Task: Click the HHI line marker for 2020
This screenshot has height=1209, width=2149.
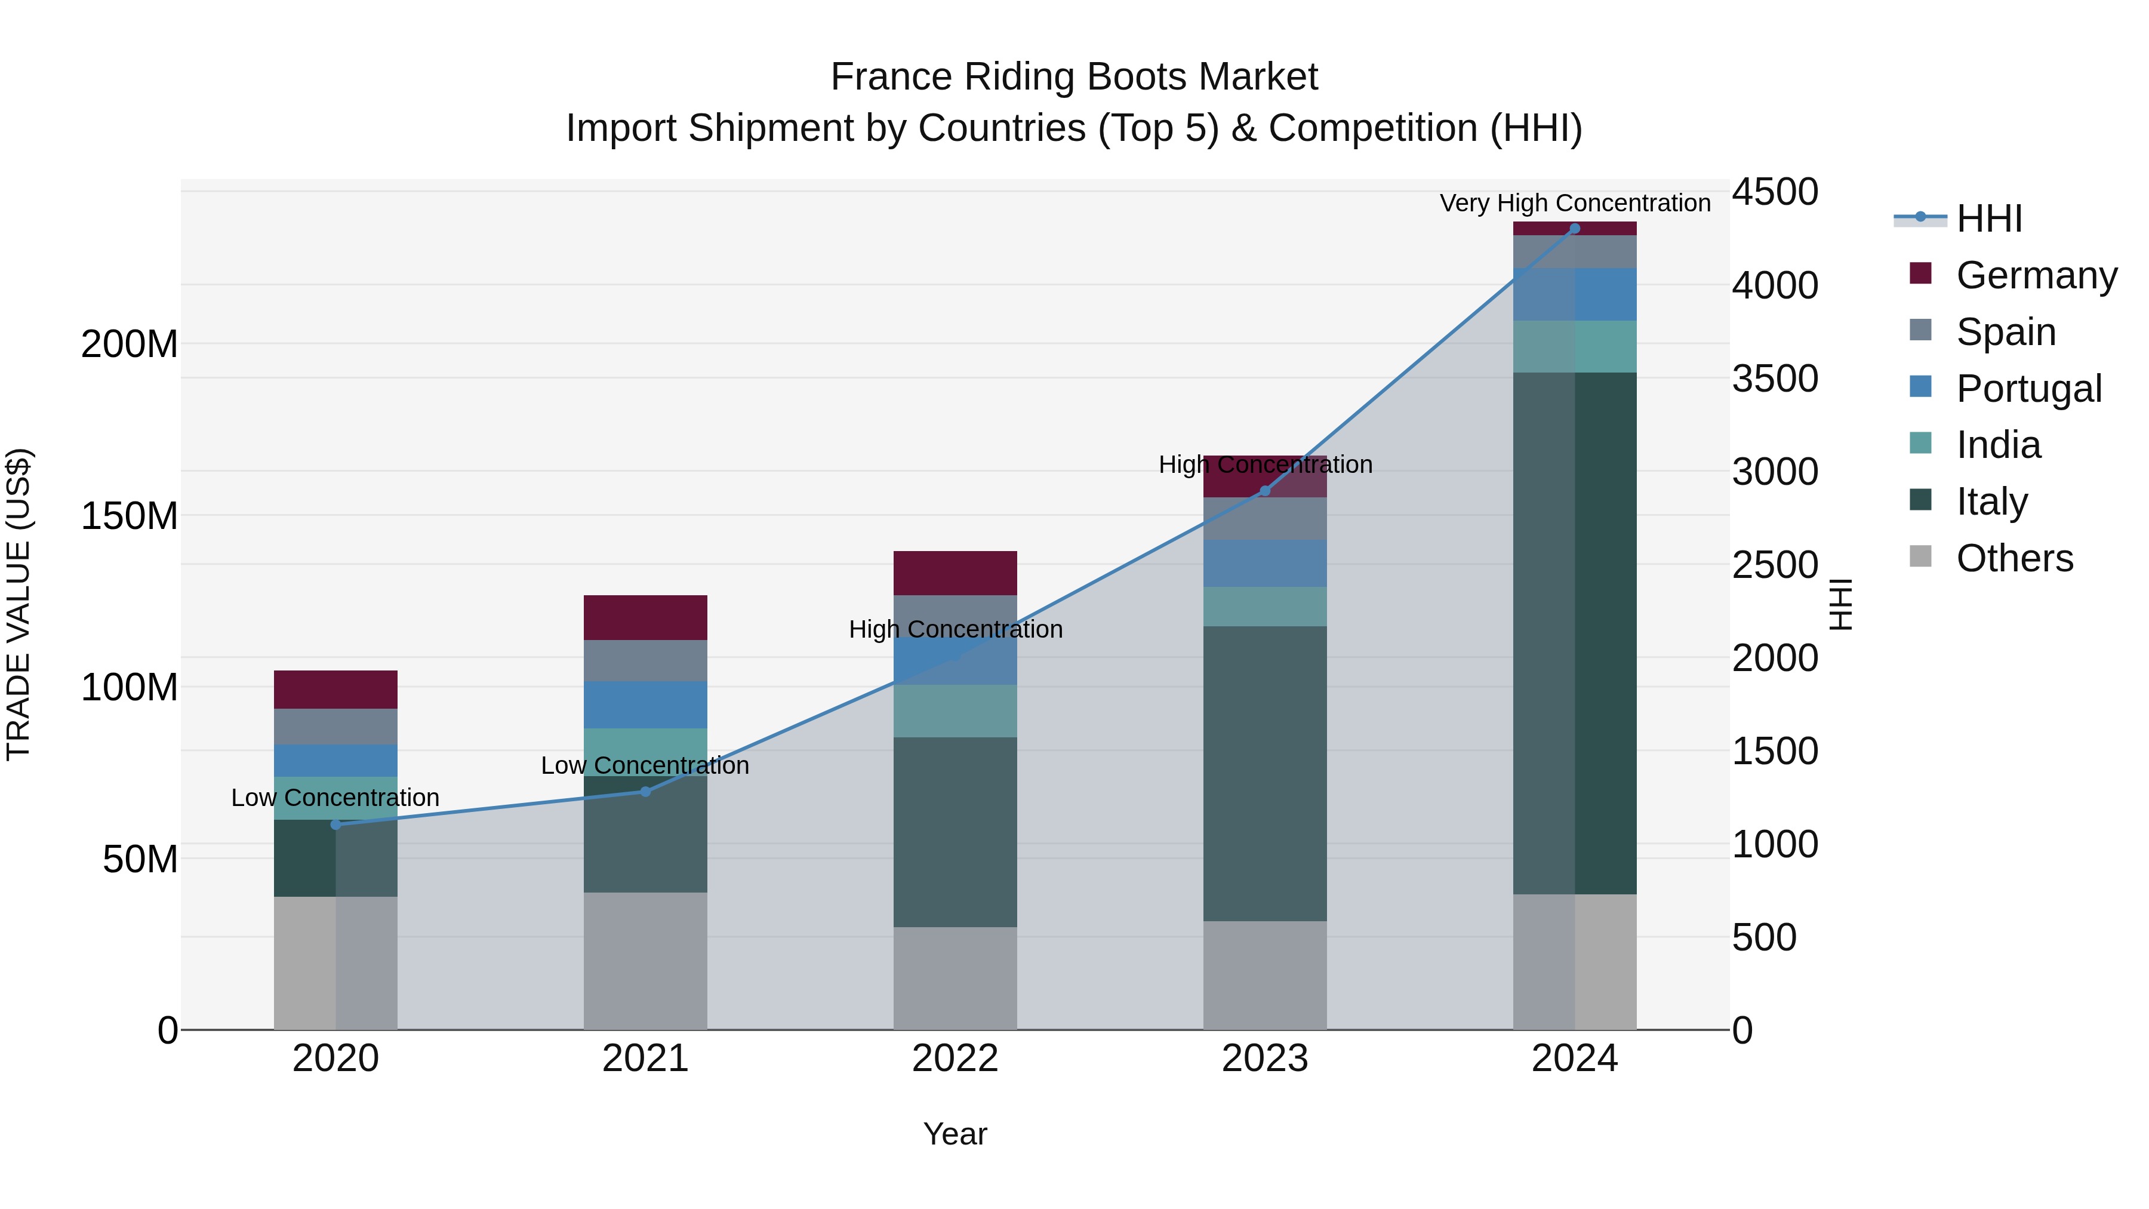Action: coord(336,825)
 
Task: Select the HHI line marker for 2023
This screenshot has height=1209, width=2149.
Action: coord(1265,491)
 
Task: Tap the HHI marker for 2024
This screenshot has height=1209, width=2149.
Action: coord(1575,229)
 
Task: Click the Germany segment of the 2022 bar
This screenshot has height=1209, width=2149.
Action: coord(955,573)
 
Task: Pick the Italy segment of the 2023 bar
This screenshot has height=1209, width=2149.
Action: coord(1265,773)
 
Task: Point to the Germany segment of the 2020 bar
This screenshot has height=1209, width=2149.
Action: coord(335,689)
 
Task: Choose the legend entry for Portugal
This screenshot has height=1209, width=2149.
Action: coord(2028,389)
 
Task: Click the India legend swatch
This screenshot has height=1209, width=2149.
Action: coord(1920,443)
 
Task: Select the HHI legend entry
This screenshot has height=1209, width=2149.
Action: coord(1989,219)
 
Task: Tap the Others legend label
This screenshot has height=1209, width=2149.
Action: coord(2014,558)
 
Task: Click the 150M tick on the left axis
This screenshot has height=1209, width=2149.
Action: coord(130,516)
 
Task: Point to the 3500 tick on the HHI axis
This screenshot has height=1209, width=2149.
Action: coord(1775,379)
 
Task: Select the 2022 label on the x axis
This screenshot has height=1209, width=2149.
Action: coord(955,1059)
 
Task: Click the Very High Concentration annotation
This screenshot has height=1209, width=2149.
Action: coord(1575,203)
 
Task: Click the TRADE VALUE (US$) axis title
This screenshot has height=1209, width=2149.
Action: coord(19,604)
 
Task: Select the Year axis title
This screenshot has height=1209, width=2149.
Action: coord(955,1134)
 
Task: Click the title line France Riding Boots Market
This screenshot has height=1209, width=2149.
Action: coord(1074,77)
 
